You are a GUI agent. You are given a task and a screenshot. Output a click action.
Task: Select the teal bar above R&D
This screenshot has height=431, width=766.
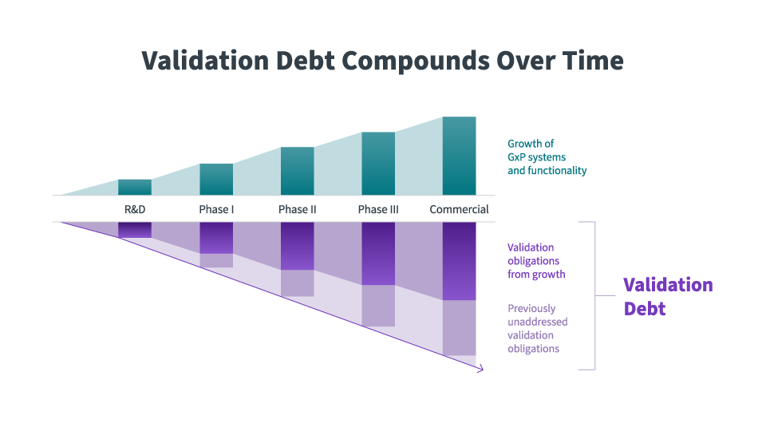pos(135,188)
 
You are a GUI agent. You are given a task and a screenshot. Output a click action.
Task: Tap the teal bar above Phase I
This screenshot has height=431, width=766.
pos(216,180)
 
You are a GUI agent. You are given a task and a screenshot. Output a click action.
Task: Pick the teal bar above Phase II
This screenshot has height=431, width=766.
pos(297,172)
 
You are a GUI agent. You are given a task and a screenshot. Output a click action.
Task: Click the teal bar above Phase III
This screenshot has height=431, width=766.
pos(378,164)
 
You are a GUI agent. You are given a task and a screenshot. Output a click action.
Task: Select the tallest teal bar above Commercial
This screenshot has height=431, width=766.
pos(459,156)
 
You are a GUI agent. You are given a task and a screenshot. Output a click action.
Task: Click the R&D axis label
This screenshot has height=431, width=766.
pos(135,210)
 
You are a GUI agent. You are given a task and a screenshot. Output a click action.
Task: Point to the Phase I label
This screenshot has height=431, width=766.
pos(216,210)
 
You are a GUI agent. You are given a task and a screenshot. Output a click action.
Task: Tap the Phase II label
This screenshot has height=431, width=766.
pos(297,210)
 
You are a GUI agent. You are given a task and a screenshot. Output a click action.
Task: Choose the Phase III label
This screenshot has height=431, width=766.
pos(378,210)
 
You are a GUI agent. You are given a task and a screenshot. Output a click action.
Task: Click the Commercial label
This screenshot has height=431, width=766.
pos(459,210)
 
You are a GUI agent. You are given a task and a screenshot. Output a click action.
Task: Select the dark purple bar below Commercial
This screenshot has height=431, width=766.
pos(459,261)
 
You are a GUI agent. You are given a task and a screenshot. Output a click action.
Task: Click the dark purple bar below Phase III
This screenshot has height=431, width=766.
pos(378,253)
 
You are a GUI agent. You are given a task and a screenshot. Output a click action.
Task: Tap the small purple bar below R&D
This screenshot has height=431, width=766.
pos(135,230)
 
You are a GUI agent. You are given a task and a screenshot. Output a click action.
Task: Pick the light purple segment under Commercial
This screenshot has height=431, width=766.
pos(459,328)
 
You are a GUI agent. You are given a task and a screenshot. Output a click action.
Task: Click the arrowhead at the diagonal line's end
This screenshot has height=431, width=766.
pos(480,369)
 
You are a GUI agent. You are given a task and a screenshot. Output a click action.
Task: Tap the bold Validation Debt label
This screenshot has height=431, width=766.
pos(667,296)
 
